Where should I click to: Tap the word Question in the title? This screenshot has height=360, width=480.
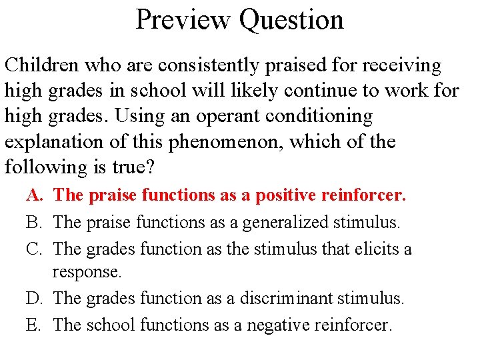click(291, 19)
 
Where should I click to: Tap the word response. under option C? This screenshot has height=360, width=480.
click(87, 272)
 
